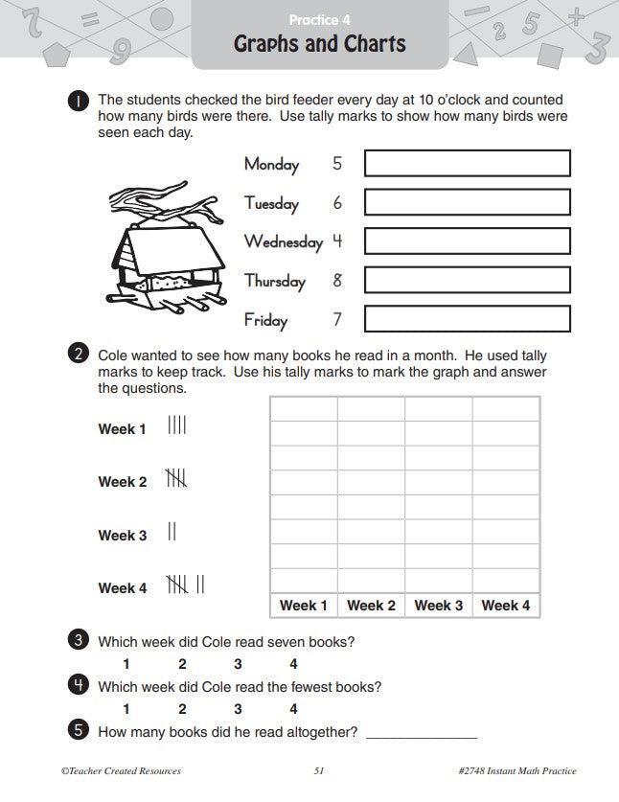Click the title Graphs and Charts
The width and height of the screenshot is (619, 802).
(x=320, y=44)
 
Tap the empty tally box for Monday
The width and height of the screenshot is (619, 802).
(x=467, y=164)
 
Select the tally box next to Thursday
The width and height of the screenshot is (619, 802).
(x=467, y=280)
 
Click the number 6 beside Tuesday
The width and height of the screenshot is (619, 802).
(x=337, y=203)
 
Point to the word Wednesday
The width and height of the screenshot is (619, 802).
(x=283, y=241)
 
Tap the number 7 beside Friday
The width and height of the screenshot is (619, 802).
(x=337, y=319)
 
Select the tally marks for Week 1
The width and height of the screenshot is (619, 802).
(x=177, y=424)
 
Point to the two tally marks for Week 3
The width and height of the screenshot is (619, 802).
(x=172, y=531)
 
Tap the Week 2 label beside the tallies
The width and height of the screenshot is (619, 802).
(x=123, y=482)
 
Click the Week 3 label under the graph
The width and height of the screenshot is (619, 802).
(x=439, y=605)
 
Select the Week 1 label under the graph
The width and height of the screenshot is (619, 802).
(x=304, y=605)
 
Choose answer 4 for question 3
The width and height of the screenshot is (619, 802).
(x=293, y=664)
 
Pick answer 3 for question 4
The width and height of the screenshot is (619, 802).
(x=238, y=709)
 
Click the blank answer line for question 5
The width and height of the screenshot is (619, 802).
(x=422, y=734)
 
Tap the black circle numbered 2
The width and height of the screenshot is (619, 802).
(x=80, y=355)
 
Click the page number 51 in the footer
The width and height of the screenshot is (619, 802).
(x=320, y=770)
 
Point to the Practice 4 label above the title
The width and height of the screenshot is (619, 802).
(x=320, y=19)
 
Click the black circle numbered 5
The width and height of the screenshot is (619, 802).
(x=80, y=731)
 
